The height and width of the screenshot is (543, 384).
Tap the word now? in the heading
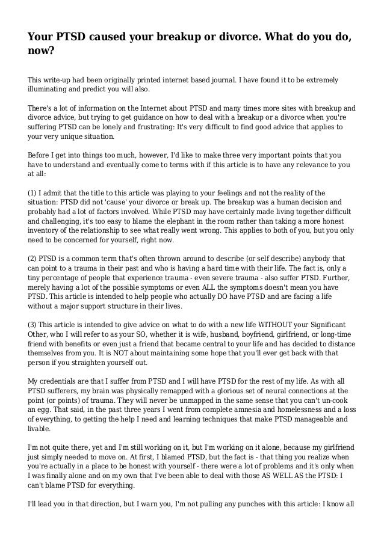[42, 52]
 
